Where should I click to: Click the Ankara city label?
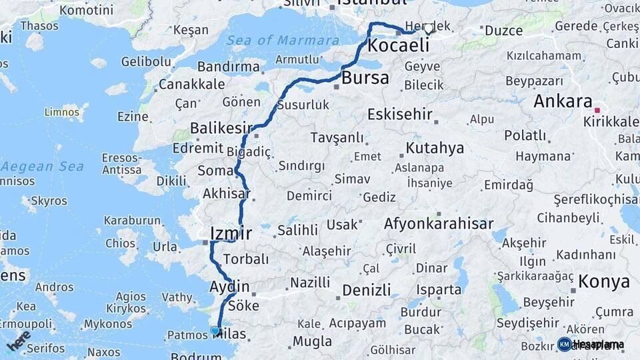[x=563, y=102]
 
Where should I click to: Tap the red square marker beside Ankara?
[x=598, y=111]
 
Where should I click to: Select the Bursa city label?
[x=365, y=78]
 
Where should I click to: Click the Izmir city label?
[x=231, y=233]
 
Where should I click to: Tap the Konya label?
[x=604, y=281]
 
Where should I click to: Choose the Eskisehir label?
[x=400, y=114]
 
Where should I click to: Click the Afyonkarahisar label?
[x=439, y=224]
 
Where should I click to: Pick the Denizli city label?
[x=366, y=290]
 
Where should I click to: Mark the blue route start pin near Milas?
[x=215, y=330]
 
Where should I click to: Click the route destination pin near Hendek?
[x=428, y=30]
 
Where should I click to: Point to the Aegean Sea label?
[x=43, y=166]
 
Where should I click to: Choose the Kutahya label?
[x=435, y=148]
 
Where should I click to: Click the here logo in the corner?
[x=18, y=340]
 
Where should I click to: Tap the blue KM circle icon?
[x=564, y=344]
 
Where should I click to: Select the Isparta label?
[x=439, y=290]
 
